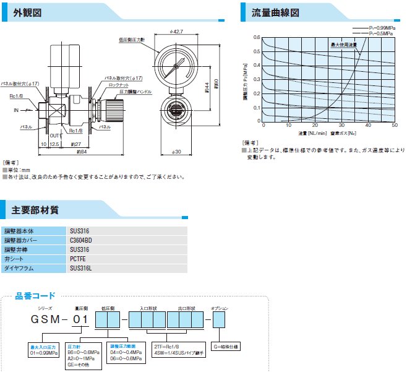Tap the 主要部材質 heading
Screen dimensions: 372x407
point(35,210)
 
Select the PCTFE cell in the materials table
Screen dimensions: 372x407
point(78,259)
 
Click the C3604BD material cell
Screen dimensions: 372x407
point(81,240)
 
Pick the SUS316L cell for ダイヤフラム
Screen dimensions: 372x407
point(81,269)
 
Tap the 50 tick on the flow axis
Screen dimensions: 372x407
point(395,125)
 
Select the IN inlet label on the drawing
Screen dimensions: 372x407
point(17,110)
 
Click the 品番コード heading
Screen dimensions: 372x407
point(35,295)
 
